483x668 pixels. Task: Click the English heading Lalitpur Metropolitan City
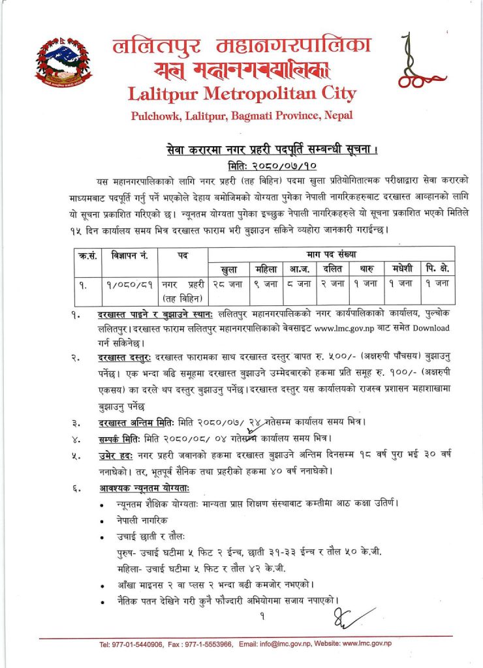pos(241,93)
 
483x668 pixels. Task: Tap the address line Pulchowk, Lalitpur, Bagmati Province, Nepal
pos(241,115)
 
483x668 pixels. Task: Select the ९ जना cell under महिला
pos(265,283)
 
